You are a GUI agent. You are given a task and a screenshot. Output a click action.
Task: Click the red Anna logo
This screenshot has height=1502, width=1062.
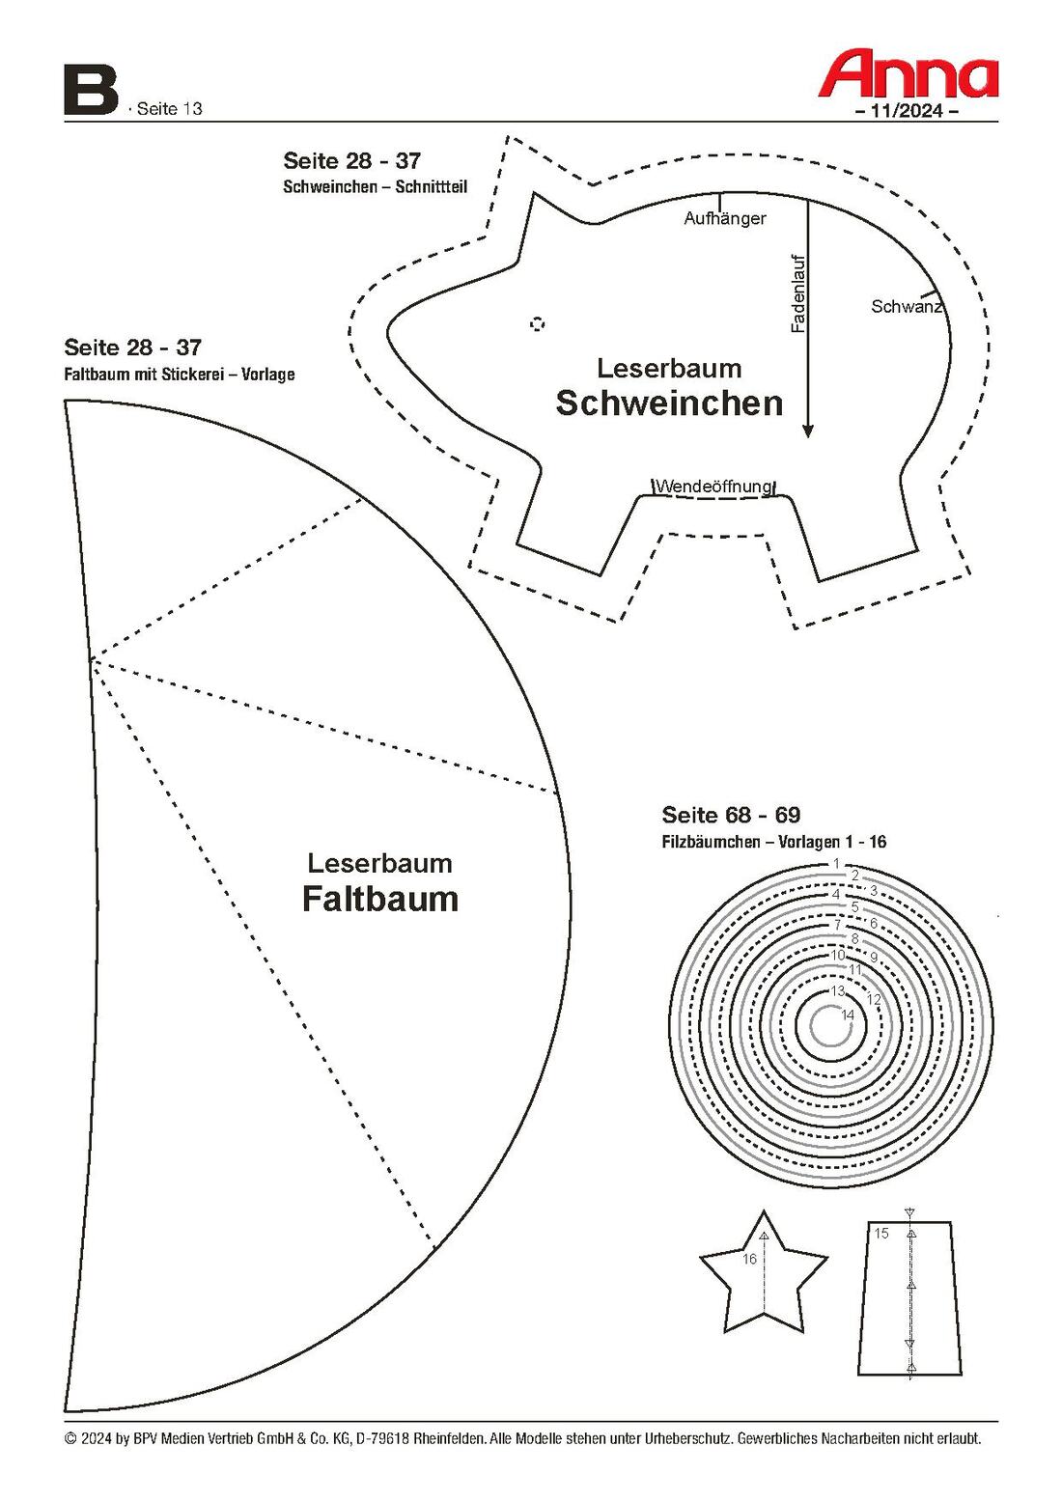(908, 72)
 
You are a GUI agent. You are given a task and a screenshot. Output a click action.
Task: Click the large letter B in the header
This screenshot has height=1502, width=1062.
(91, 90)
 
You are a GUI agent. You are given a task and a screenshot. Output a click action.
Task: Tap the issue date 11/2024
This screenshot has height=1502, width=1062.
(907, 111)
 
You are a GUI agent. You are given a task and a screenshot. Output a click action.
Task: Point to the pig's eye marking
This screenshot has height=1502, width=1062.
(537, 324)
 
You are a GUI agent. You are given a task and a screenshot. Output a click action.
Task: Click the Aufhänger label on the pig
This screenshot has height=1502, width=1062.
(725, 218)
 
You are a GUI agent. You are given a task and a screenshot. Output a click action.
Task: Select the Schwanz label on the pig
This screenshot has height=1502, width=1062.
(907, 306)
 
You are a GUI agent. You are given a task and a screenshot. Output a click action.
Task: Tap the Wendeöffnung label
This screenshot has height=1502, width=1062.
(713, 486)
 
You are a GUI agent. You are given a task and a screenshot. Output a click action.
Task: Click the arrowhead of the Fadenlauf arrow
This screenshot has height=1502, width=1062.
(808, 431)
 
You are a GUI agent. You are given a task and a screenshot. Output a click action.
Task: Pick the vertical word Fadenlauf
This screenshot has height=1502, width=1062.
(797, 293)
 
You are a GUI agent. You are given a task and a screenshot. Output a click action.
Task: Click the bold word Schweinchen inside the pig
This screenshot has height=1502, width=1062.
(669, 403)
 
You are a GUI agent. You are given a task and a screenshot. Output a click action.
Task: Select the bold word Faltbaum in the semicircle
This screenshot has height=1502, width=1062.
(380, 900)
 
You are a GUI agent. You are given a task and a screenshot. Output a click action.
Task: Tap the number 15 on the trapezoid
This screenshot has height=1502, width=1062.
(880, 1233)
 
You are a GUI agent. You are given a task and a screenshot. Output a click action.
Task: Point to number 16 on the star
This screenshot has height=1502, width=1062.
(749, 1260)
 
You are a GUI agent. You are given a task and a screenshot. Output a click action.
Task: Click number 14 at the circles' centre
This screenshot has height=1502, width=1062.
(848, 1015)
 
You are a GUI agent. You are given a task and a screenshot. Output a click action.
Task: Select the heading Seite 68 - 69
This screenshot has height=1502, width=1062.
(731, 815)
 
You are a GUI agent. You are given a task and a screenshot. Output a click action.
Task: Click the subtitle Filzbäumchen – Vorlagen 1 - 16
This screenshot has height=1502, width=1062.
(773, 842)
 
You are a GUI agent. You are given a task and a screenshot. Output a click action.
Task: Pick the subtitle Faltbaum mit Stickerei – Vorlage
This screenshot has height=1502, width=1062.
(180, 375)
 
